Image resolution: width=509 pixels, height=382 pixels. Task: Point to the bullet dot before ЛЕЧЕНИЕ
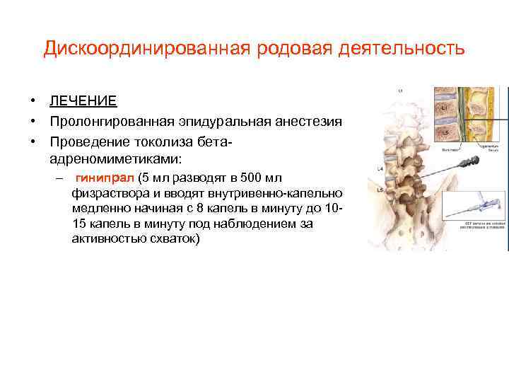(33, 103)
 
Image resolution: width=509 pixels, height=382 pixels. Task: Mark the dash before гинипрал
(60, 178)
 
